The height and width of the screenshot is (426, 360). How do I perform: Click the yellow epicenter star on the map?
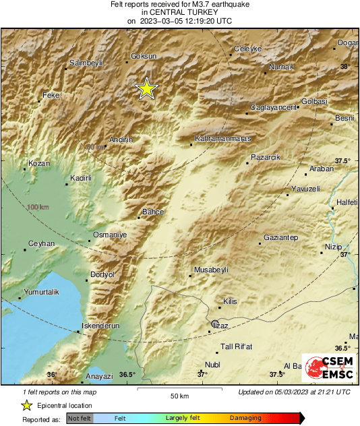146,89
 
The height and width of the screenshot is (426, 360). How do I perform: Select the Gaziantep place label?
280,238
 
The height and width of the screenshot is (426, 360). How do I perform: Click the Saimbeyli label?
86,63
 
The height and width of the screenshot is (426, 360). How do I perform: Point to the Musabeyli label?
212,270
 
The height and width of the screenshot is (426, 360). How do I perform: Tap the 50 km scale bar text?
179,396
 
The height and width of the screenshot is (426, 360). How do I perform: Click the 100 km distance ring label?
38,207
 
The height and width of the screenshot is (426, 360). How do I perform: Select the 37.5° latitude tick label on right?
343,160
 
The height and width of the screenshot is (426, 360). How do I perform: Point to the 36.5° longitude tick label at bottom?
127,375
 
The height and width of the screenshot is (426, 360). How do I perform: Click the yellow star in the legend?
26,405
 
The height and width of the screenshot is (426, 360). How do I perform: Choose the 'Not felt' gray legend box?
80,419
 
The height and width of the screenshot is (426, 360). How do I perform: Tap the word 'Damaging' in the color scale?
245,419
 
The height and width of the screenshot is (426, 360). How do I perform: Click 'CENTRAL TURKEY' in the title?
179,12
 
